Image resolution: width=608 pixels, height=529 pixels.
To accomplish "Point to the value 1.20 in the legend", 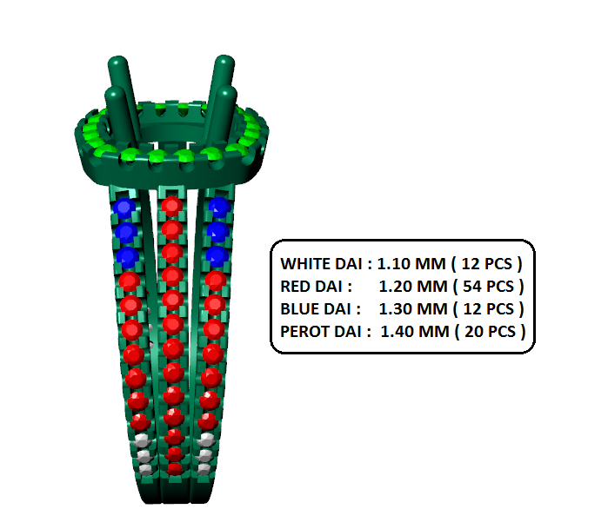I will [395, 286].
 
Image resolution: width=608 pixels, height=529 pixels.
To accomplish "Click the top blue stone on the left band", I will [124, 208].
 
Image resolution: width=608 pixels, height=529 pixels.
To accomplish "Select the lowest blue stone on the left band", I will [128, 257].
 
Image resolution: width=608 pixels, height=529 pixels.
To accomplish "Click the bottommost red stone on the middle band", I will [175, 468].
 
